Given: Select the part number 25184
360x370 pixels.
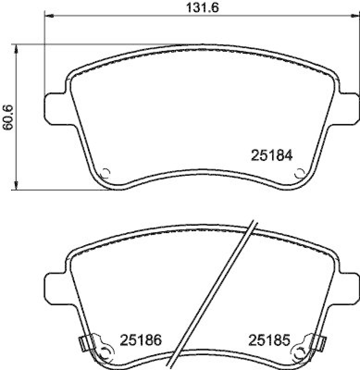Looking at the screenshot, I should [x=272, y=156].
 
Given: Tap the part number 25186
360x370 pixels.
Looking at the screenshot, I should [x=141, y=341].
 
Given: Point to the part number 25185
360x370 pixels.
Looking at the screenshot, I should [x=268, y=341].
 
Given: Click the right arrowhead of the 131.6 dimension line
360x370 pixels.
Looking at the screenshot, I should [x=355, y=16].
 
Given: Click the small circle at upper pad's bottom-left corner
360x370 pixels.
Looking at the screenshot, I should [x=105, y=173].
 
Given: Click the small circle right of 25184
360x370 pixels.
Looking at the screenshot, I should [x=299, y=173].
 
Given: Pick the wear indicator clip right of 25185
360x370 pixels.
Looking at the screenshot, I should [x=319, y=343].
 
